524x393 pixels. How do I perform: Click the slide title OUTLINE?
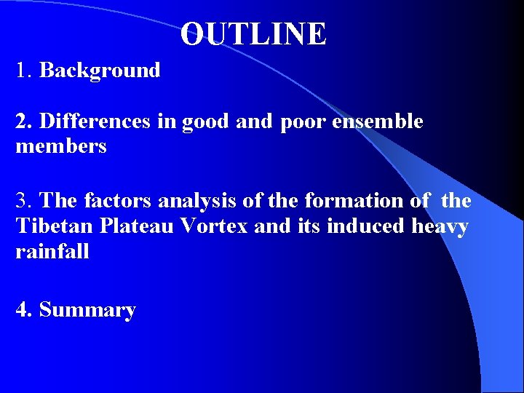point(253,34)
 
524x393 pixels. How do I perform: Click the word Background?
point(100,71)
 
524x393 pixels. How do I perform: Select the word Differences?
point(95,122)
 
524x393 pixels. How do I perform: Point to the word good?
point(205,122)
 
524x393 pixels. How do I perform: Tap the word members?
point(61,147)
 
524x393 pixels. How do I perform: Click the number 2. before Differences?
point(25,122)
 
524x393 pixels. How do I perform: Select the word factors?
point(119,200)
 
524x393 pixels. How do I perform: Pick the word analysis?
point(192,201)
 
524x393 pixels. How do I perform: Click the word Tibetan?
point(55,226)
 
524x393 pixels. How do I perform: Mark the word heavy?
point(440,227)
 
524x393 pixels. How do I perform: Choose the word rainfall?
point(52,253)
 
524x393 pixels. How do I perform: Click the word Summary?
point(87,310)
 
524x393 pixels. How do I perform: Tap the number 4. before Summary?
point(25,310)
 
